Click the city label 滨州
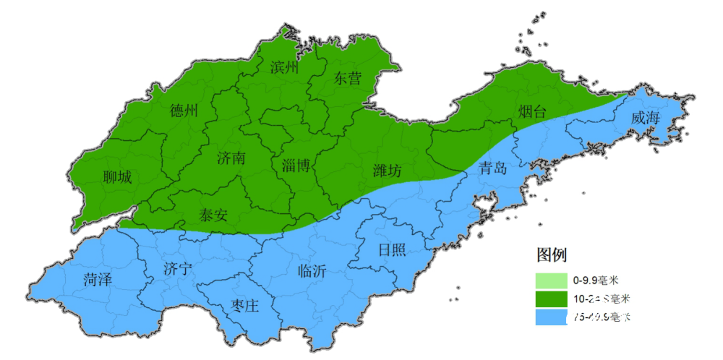(284, 68)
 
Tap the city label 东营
(347, 79)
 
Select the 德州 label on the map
(184, 111)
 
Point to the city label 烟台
(532, 111)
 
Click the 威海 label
(645, 118)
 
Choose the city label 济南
(231, 158)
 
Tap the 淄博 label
(296, 166)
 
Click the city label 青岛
(493, 168)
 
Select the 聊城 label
(117, 177)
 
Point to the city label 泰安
(213, 214)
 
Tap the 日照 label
(392, 250)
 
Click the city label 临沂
(312, 271)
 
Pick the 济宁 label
(178, 270)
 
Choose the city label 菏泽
(98, 280)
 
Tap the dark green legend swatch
(552, 299)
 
